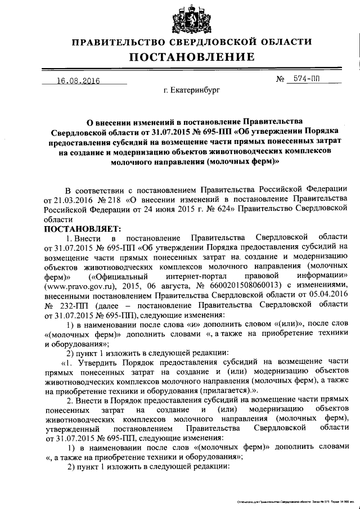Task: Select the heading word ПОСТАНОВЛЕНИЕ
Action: coord(190,57)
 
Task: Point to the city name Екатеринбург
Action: coord(192,89)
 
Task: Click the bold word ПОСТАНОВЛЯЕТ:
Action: coord(79,228)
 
